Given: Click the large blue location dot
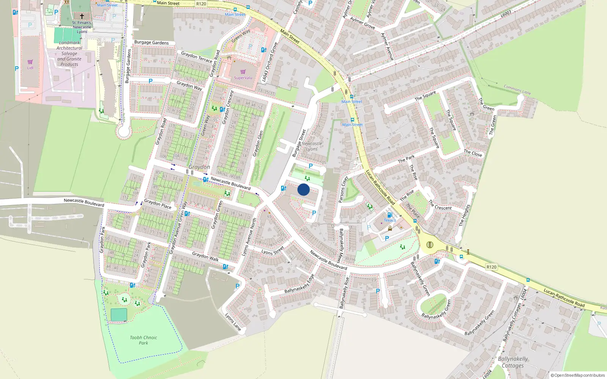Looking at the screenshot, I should [x=303, y=189].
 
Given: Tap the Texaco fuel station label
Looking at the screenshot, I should [x=390, y=220].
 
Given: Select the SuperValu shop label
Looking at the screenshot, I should [x=243, y=78].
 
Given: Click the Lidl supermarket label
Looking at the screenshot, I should [x=30, y=68].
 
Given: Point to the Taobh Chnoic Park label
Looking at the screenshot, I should [x=143, y=340].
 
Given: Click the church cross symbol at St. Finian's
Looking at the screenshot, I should [x=82, y=16].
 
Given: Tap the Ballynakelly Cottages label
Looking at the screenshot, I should [x=513, y=362].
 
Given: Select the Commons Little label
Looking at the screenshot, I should [x=517, y=90].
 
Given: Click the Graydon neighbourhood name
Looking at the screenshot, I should [x=199, y=167].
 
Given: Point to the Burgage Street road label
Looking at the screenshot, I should [x=299, y=143].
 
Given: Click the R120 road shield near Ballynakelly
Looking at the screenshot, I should [x=491, y=267].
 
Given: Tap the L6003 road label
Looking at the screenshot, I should [x=506, y=14].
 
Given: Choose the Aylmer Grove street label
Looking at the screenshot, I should [x=362, y=23].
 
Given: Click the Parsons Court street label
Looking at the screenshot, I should [x=343, y=189].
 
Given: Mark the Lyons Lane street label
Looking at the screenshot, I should [x=233, y=322].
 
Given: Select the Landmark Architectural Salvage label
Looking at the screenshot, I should [x=69, y=53].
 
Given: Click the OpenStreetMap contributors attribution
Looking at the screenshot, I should [x=577, y=375].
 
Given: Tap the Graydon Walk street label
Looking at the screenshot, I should [x=205, y=257].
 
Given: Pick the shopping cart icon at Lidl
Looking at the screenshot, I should [x=30, y=62].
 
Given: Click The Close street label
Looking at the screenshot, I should [x=473, y=153].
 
